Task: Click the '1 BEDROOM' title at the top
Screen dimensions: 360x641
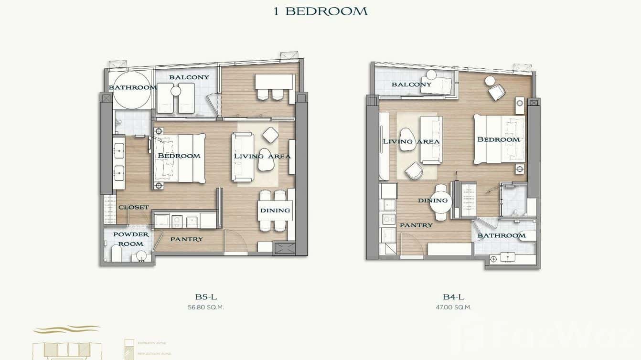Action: point(320,11)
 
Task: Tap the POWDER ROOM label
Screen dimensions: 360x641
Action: point(130,239)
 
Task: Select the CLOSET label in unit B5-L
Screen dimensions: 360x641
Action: point(134,207)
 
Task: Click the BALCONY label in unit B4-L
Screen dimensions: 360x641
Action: point(411,85)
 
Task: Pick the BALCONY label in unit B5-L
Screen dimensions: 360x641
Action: point(189,77)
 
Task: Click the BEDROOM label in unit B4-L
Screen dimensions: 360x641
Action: point(498,139)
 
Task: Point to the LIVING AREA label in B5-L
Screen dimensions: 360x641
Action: point(262,156)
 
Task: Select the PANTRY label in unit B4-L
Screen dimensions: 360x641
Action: point(416,225)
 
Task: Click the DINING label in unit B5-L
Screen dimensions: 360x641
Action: point(275,210)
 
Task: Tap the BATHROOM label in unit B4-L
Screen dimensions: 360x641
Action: point(502,235)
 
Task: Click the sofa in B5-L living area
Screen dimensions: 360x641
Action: point(241,157)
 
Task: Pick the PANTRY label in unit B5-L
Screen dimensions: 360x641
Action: point(186,239)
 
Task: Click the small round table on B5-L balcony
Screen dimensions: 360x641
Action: point(175,91)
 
